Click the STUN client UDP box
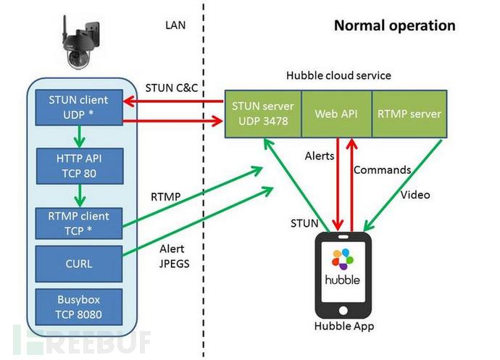pyautogui.click(x=78, y=106)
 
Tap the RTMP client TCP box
pyautogui.click(x=78, y=222)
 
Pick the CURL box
pyautogui.click(x=78, y=263)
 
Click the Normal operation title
pyautogui.click(x=394, y=26)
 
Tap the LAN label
pyautogui.click(x=176, y=25)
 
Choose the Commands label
pyautogui.click(x=382, y=170)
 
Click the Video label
pyautogui.click(x=415, y=194)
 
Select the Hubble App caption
pyautogui.click(x=344, y=326)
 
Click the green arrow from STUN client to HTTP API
pyautogui.click(x=78, y=134)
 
